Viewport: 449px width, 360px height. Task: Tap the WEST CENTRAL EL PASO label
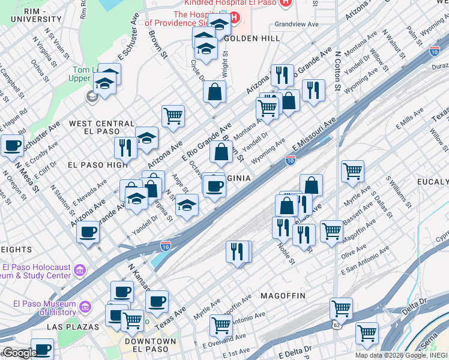101,128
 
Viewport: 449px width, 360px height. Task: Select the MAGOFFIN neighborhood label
283,296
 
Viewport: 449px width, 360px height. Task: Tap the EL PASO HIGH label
97,164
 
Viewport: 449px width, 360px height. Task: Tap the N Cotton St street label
338,70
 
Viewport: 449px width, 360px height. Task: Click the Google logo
19,353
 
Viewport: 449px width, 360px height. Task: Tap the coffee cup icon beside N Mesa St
12,146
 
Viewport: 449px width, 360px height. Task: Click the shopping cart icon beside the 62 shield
341,309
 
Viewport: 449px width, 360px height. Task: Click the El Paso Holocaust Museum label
37,272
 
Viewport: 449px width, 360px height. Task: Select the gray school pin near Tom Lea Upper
92,96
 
